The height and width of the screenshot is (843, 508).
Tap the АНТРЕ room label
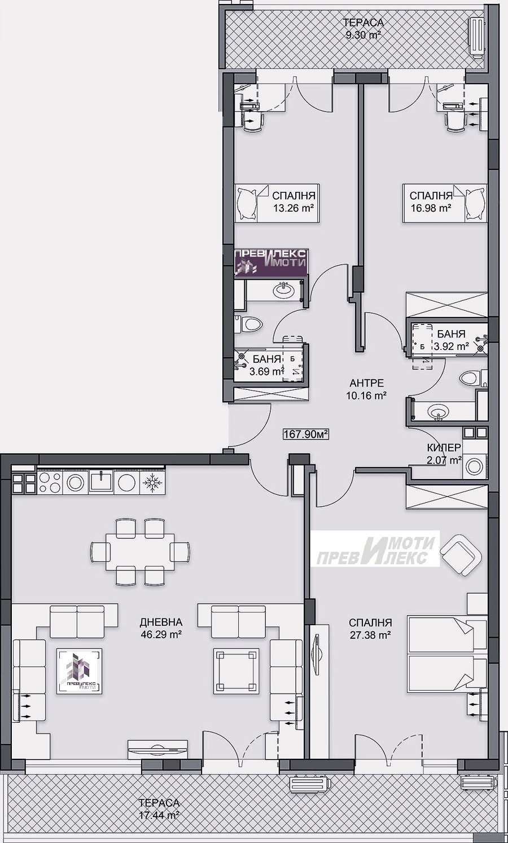(367, 383)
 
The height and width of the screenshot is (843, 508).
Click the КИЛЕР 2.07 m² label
(444, 454)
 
